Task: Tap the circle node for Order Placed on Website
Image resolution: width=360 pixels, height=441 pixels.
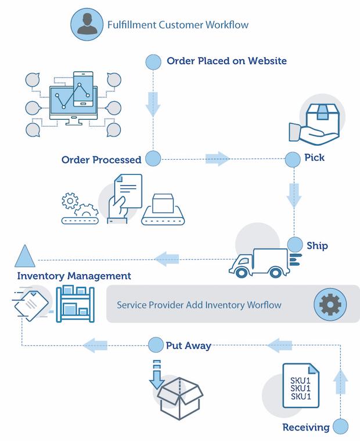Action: coord(153,60)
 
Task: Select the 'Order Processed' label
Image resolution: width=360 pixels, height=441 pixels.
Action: coord(102,160)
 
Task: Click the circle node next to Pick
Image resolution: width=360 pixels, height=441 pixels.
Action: coord(292,157)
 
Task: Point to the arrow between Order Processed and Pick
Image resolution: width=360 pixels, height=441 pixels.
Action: coord(217,158)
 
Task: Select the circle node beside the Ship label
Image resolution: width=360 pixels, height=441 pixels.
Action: coord(295,245)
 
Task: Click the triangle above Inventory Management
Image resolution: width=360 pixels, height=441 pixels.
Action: coord(25,256)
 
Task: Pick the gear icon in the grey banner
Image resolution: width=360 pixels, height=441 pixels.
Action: coord(329,303)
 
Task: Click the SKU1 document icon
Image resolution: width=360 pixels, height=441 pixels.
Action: coord(301,385)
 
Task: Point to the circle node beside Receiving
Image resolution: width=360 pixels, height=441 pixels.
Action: coord(341,427)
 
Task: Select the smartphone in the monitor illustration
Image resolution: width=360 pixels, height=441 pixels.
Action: coord(83,88)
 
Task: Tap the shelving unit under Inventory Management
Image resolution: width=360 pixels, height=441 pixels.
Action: coord(75,303)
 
